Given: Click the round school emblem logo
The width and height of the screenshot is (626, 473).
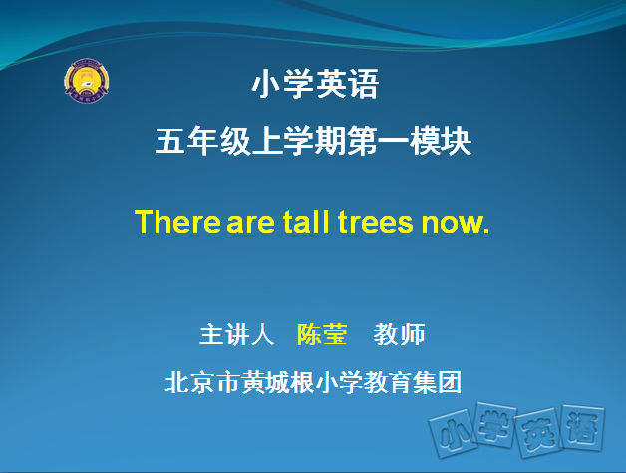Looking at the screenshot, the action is pos(87,81).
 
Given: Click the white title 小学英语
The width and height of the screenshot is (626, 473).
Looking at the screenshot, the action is pos(315,84).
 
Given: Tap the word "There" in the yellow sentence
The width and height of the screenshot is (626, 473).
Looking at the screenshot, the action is pos(177,222).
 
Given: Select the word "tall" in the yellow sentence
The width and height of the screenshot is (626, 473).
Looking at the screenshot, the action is pos(306,222).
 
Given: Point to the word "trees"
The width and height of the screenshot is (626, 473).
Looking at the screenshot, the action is pos(375,222).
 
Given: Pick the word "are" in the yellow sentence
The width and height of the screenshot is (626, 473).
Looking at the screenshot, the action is pos(251,223).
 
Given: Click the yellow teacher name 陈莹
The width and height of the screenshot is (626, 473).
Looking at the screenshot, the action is pos(322,334).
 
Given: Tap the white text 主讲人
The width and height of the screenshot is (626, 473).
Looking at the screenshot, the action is pos(237,334).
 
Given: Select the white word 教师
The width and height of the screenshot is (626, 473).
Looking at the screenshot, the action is pos(400,334).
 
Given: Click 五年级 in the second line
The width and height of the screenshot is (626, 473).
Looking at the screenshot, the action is pos(202,141).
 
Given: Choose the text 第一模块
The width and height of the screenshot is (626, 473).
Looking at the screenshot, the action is pos(410,141).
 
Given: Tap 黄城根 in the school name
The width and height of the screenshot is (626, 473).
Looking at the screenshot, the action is pos(277,382).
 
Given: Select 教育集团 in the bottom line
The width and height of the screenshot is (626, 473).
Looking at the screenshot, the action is pos(412,382).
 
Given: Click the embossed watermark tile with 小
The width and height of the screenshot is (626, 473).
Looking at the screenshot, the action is pos(454,433).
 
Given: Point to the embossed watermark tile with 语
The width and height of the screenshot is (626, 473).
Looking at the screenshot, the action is pos(582,427).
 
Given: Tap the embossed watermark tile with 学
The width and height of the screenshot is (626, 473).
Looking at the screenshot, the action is pos(494,425).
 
